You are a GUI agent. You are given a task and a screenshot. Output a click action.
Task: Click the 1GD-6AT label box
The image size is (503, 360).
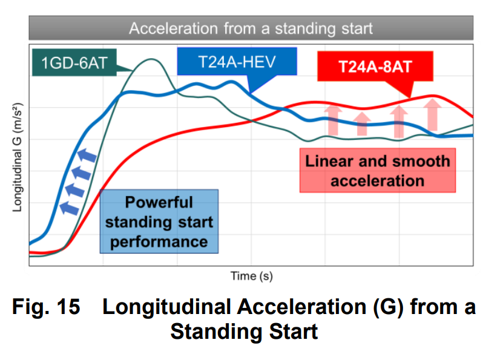(74, 62)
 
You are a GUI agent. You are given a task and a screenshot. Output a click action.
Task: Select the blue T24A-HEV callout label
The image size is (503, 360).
(237, 62)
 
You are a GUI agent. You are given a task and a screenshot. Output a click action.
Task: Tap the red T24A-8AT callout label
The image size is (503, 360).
(375, 67)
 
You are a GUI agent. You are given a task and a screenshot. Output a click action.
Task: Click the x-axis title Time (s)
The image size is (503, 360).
(252, 276)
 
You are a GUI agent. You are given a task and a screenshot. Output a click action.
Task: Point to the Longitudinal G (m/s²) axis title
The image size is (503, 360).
(18, 157)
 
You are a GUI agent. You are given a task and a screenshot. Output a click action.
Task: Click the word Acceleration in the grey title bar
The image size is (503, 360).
(174, 28)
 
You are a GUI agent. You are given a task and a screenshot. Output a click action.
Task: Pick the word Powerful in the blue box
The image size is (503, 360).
(159, 202)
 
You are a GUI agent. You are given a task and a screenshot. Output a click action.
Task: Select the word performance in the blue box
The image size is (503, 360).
(159, 242)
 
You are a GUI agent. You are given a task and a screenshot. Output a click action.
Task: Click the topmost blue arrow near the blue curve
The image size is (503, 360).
(87, 155)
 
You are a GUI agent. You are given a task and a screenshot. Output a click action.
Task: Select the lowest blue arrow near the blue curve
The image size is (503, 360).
(69, 208)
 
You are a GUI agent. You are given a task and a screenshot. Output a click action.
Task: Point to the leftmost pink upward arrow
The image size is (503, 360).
(333, 120)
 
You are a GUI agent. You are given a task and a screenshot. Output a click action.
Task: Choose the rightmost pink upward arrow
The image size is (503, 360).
(432, 114)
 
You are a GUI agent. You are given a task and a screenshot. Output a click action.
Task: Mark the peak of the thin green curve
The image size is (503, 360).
(150, 59)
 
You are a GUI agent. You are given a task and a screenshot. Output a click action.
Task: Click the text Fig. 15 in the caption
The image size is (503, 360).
(46, 307)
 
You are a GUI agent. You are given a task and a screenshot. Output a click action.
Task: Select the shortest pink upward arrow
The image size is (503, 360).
(362, 124)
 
